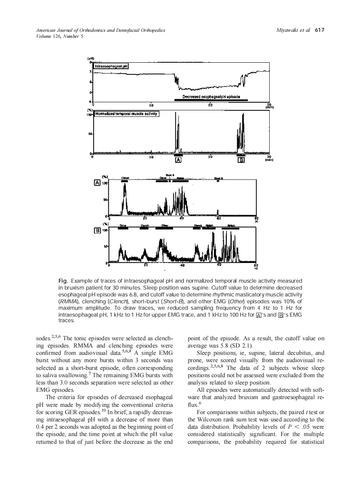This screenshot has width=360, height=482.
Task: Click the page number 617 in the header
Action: pos(319,31)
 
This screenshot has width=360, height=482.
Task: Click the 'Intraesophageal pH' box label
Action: pos(111,66)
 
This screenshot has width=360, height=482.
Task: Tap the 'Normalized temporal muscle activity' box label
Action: pos(126,114)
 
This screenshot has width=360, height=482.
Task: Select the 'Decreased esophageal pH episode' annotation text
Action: pos(211,96)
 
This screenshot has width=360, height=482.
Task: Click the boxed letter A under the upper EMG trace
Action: pos(178,160)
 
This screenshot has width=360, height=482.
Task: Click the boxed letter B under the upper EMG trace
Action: pos(241,160)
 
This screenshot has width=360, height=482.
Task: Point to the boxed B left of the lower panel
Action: pos(97,231)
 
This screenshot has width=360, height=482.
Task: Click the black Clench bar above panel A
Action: pos(125,182)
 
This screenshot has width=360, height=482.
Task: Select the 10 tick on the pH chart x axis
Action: pos(151,105)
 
